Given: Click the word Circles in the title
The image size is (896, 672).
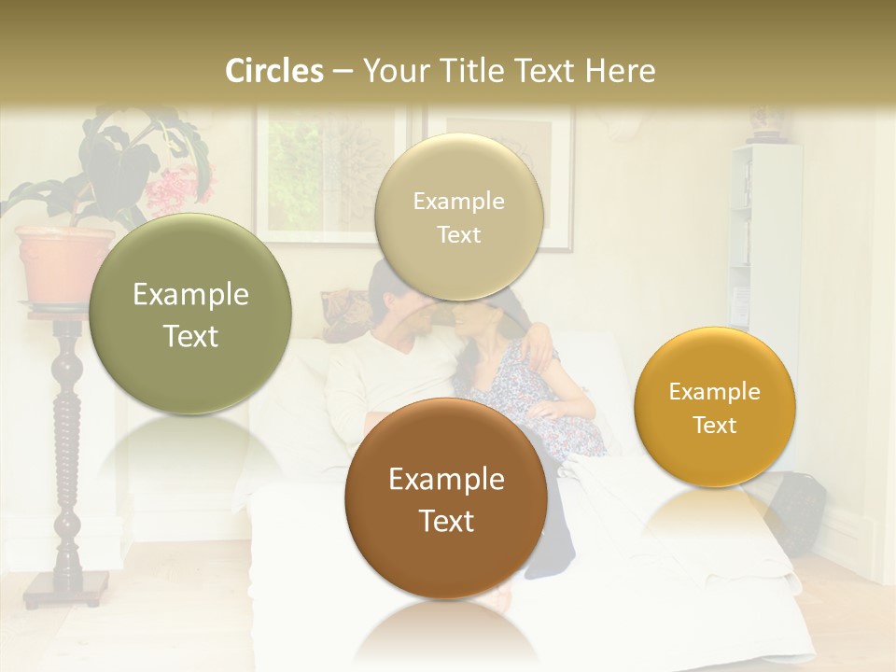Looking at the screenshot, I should coord(273,71).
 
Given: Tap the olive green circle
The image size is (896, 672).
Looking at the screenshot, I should coord(190,315).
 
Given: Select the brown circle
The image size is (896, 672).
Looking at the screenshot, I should coord(446,498).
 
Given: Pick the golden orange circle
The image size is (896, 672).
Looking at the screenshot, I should coord(715,407).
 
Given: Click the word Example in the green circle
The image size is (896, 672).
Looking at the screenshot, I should coord(190,295).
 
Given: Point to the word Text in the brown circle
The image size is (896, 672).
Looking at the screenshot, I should coord(446,521).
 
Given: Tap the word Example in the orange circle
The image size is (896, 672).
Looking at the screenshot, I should coord(715,391).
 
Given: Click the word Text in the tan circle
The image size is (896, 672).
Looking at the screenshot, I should coord(458,235).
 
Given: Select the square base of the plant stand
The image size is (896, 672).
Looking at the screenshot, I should coord(65,588).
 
